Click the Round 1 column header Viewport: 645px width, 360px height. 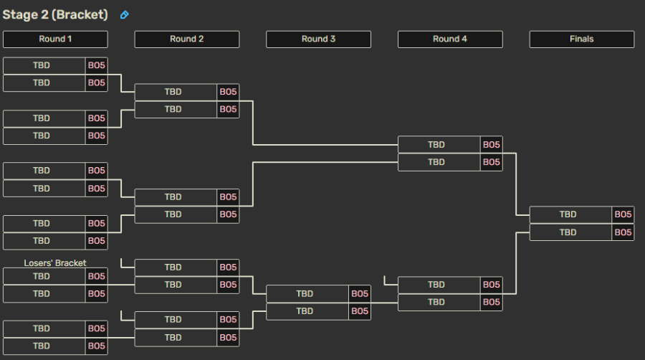(x=55, y=39)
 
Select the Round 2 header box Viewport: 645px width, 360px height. (x=187, y=39)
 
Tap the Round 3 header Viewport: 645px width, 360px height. (x=318, y=39)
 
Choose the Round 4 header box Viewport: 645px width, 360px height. (x=450, y=39)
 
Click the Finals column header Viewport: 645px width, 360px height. (x=582, y=39)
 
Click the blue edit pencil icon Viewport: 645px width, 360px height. (x=124, y=15)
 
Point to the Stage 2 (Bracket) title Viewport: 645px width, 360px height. (x=55, y=15)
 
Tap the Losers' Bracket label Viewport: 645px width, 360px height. (x=55, y=263)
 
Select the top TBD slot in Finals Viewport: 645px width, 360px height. (x=570, y=214)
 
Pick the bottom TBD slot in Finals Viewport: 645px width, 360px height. (x=570, y=232)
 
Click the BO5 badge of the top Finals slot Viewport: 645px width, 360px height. (x=623, y=214)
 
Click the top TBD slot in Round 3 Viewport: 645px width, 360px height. (x=307, y=294)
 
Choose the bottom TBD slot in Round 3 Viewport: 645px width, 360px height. (x=307, y=311)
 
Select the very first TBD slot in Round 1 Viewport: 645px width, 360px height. (x=44, y=65)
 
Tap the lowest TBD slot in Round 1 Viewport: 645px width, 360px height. (x=44, y=346)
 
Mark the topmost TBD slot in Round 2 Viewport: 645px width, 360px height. (x=176, y=92)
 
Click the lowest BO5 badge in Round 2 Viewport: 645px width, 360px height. (x=228, y=338)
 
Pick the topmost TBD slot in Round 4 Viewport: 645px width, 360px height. (x=439, y=145)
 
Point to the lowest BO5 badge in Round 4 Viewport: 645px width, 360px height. (x=491, y=303)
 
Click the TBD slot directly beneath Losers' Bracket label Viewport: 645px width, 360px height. (x=44, y=277)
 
